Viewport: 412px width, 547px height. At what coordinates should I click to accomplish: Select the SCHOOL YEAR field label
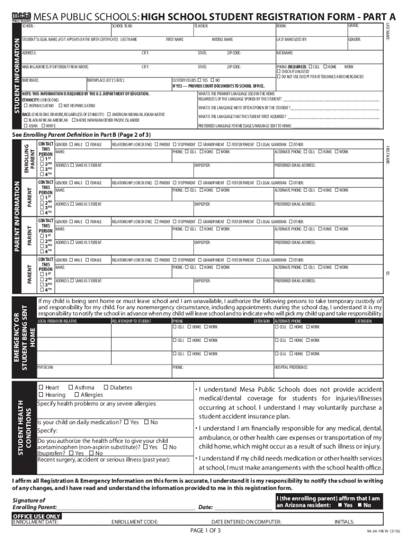click(x=122, y=26)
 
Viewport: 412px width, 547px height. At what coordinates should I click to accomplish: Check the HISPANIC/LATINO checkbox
click(x=25, y=106)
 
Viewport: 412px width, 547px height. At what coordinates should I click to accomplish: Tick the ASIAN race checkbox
click(x=25, y=126)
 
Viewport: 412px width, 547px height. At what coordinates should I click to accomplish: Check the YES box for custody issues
click(x=199, y=80)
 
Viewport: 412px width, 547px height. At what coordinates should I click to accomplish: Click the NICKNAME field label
click(x=285, y=53)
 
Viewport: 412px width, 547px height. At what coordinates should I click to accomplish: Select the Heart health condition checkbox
click(x=41, y=387)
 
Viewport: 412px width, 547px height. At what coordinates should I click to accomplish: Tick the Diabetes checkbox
click(x=105, y=387)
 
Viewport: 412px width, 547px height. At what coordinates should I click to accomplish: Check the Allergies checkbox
click(x=76, y=395)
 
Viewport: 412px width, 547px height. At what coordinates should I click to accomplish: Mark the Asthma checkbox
click(x=71, y=387)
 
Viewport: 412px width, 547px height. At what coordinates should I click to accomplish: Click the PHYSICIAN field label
click(x=45, y=368)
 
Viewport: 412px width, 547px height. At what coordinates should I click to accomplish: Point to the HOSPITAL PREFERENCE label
click(x=291, y=368)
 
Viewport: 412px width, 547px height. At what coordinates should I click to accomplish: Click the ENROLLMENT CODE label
click(x=134, y=522)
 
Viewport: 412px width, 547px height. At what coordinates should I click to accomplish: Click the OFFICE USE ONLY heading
click(x=36, y=517)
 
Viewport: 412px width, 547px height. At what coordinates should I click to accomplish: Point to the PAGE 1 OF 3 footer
click(x=205, y=530)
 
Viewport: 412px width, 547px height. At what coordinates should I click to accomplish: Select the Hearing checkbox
click(x=41, y=395)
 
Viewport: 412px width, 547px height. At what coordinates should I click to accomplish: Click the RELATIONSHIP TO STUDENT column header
click(x=131, y=321)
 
